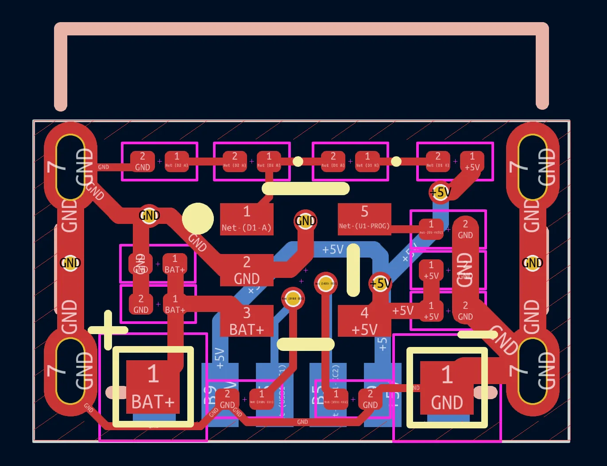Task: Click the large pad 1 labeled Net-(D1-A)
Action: coord(247,219)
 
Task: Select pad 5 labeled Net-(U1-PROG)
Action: coord(364,218)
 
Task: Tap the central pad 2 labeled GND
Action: coord(247,270)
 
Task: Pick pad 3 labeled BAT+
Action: coord(247,321)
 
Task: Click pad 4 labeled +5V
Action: coord(364,321)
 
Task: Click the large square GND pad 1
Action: coord(447,388)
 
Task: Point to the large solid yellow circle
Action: coord(198,219)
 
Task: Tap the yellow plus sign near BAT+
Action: coord(108,330)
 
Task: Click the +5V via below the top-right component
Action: coord(440,193)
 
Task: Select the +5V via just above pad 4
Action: coord(380,283)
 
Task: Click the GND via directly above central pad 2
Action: coord(305,220)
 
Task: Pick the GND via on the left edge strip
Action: coord(70,263)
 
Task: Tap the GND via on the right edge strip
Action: coord(532,263)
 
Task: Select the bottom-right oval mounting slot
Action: coord(532,371)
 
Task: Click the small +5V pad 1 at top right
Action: coord(472,162)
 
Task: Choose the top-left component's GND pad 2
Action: coord(142,162)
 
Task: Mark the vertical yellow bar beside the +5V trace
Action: coord(353,270)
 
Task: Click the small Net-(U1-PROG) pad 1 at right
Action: coord(430,228)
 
